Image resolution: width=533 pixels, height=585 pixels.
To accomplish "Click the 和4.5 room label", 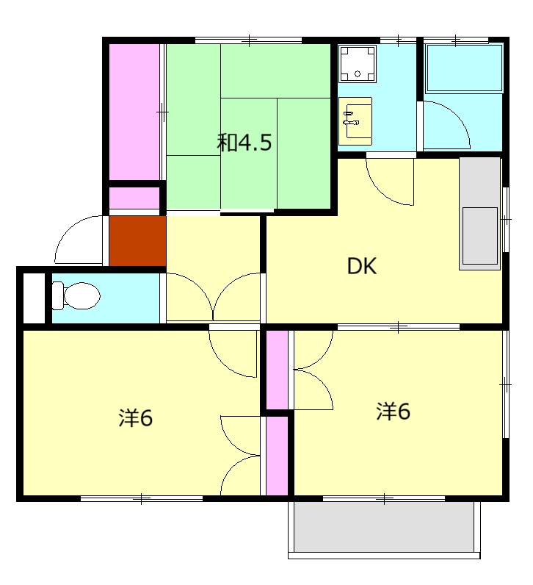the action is point(244,142).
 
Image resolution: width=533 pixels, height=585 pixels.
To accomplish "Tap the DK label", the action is point(361,266).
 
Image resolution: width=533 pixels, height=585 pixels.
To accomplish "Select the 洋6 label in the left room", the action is point(135,417).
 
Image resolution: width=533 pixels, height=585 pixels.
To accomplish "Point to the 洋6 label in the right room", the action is point(394,411).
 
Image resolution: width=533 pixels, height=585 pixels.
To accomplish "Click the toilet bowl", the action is point(76,296).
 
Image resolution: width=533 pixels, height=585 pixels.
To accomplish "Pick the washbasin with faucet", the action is point(355,121).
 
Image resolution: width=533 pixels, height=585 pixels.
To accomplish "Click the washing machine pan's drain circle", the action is point(358,73).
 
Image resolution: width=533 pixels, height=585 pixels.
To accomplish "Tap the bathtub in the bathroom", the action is point(465,68).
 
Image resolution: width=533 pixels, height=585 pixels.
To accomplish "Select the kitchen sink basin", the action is point(480,236).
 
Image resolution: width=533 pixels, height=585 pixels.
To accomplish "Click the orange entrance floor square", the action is point(137,241).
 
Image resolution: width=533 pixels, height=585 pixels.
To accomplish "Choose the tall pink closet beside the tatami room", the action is point(134,112).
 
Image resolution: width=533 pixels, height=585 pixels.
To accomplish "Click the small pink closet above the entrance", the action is point(134,198).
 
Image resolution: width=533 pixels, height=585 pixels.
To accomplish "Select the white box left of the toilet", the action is point(35,298).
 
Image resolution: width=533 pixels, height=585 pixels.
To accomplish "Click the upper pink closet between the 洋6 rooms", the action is point(277,370).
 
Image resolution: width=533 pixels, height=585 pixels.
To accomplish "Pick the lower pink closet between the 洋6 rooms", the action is point(277,456).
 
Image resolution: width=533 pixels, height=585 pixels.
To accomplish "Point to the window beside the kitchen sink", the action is point(506,219).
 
